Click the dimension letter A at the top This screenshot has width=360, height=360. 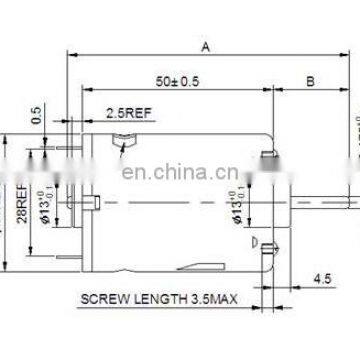point(205,46)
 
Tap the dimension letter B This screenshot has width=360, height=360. point(310,80)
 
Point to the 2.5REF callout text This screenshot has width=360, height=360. point(125,114)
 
